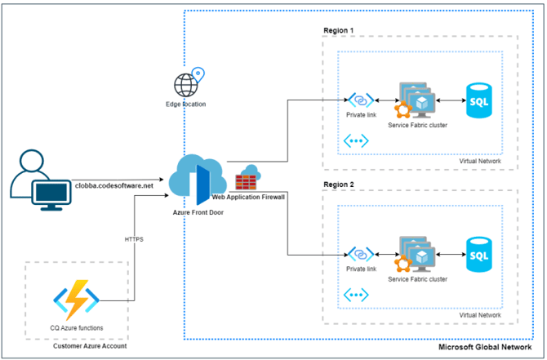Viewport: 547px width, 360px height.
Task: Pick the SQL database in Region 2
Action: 478,254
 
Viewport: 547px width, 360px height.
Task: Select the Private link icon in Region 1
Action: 361,100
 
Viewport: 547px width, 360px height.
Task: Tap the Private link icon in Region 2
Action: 361,254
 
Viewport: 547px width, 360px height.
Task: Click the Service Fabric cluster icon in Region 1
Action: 418,101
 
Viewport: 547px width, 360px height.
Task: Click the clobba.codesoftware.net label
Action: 113,185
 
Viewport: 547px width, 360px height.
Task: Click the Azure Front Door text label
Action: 198,211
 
